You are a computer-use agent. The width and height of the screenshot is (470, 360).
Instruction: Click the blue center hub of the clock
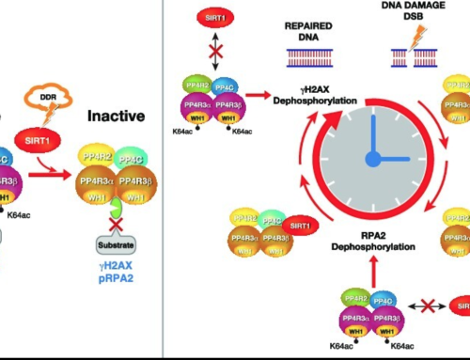(x=372, y=160)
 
